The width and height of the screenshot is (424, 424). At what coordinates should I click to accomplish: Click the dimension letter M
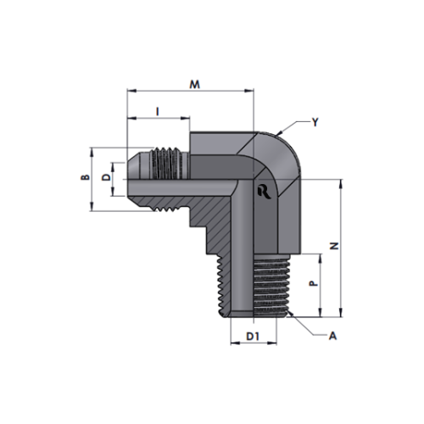194,84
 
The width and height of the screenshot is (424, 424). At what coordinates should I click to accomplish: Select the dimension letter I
158,111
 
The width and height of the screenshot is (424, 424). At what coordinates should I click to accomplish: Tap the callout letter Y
315,122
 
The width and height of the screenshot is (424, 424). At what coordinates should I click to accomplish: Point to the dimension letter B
86,177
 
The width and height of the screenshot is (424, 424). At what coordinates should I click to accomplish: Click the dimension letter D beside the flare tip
106,177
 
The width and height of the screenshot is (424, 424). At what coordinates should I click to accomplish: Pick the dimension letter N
334,246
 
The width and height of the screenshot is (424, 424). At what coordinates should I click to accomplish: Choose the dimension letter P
313,283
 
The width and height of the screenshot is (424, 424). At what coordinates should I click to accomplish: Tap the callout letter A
332,336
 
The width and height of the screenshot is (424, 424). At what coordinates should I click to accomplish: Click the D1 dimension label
253,337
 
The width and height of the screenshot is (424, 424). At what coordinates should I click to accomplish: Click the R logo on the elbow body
265,192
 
